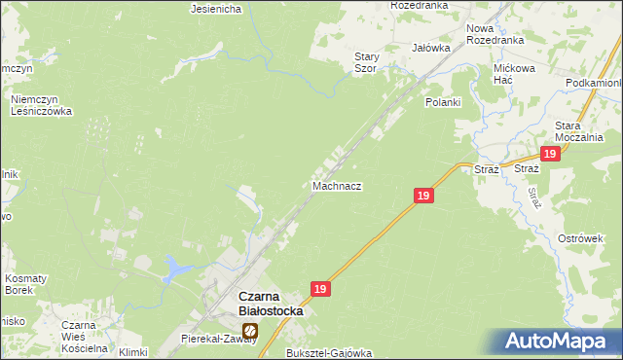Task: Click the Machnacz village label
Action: coord(337,185)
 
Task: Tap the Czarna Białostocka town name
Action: coord(271,304)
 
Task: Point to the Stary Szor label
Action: coord(366,63)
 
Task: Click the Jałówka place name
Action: coord(430,47)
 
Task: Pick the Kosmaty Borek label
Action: coord(25,284)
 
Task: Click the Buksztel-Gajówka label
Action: coord(325,351)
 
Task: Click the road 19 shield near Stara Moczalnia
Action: coord(550,155)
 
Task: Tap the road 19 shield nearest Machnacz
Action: coord(422,196)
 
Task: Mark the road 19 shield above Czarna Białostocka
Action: coord(321,289)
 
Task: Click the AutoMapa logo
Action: coord(559,342)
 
